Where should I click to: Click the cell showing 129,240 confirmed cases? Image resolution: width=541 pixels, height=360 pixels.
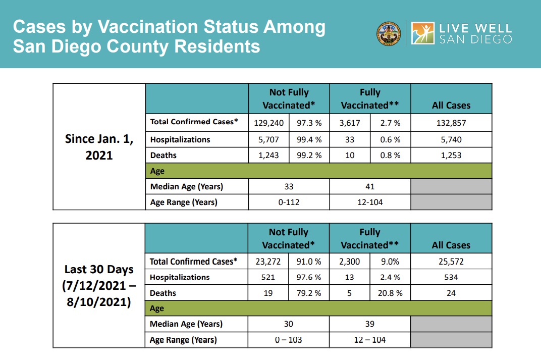[x=268, y=122]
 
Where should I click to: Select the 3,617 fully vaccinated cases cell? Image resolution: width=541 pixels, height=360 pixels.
[x=349, y=122]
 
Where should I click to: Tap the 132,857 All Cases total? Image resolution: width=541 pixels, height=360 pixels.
[x=451, y=122]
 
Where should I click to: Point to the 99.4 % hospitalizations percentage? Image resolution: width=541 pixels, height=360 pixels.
[x=309, y=139]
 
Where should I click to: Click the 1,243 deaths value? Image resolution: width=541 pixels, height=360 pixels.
[x=268, y=156]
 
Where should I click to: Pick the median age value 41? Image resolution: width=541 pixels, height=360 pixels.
[x=370, y=187]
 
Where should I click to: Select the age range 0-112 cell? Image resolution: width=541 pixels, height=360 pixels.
[x=289, y=202]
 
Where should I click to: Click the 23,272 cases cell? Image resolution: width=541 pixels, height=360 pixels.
[x=268, y=262]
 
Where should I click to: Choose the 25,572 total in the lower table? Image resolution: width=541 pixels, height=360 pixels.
[x=451, y=262]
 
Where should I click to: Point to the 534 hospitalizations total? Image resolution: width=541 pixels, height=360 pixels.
[x=451, y=277]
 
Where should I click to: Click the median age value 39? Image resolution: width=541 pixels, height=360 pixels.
[x=370, y=324]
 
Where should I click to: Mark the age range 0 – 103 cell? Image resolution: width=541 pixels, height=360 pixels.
[x=289, y=340]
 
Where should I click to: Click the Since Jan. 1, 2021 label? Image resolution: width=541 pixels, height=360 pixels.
[x=99, y=146]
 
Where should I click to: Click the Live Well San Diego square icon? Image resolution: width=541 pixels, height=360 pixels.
[x=423, y=33]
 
